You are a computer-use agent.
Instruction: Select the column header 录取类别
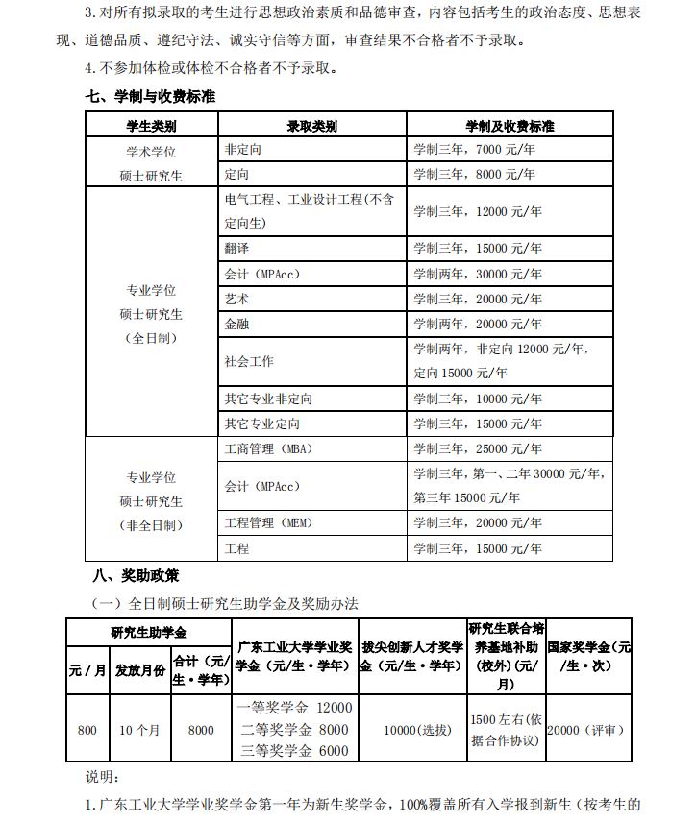pyautogui.click(x=311, y=126)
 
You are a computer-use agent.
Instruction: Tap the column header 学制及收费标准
pyautogui.click(x=510, y=126)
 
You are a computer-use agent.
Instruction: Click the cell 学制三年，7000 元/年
pyautogui.click(x=475, y=151)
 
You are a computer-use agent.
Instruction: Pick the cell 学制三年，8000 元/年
pyautogui.click(x=475, y=175)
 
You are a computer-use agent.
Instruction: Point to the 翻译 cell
pyautogui.click(x=236, y=249)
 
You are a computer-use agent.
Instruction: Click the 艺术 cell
pyautogui.click(x=236, y=300)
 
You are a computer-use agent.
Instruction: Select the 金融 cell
pyautogui.click(x=236, y=325)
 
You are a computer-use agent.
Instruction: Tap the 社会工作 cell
pyautogui.click(x=249, y=361)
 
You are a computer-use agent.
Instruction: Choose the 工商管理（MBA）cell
pyautogui.click(x=268, y=448)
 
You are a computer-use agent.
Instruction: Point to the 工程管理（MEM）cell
pyautogui.click(x=268, y=523)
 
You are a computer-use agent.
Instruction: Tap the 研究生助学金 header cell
pyautogui.click(x=149, y=632)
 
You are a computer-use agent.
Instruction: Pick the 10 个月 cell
pyautogui.click(x=139, y=730)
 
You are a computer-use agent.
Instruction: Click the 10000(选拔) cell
pyautogui.click(x=416, y=730)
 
